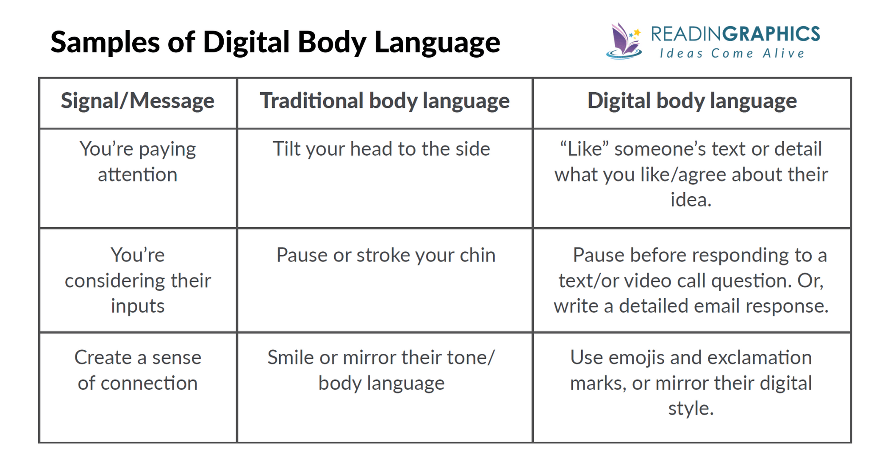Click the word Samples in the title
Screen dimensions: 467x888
tap(105, 42)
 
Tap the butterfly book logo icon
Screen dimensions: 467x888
tap(624, 41)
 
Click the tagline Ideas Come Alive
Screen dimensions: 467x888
tap(732, 54)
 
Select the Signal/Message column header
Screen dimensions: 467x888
tap(138, 101)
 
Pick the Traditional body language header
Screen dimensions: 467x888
tap(385, 101)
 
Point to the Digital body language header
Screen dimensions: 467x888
tap(692, 101)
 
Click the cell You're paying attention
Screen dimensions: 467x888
tap(138, 162)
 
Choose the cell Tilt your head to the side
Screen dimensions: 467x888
tap(381, 149)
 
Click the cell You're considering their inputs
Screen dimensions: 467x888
tap(138, 281)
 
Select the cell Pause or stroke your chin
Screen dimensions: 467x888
tap(385, 255)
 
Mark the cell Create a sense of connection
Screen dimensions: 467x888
tap(138, 370)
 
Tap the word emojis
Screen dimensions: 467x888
tap(637, 358)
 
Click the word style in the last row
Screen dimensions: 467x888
tap(690, 409)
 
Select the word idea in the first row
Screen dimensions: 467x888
tap(690, 200)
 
